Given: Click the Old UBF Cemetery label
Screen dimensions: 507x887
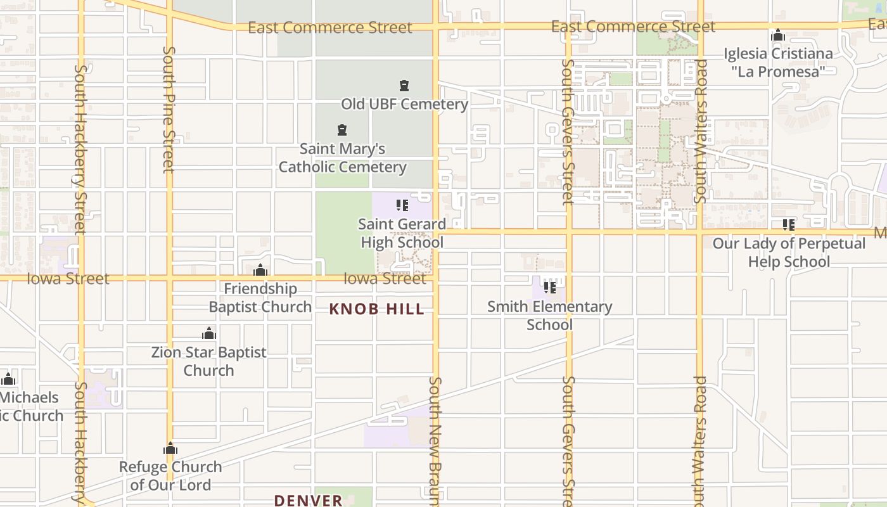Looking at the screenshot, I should click(x=404, y=104).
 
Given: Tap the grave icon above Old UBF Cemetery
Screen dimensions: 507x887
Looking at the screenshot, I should click(x=404, y=86).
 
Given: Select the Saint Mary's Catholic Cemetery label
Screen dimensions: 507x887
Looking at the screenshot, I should click(x=342, y=158).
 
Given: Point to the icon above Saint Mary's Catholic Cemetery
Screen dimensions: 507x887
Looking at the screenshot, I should click(x=342, y=131).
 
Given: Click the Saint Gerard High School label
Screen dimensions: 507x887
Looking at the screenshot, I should click(x=402, y=233).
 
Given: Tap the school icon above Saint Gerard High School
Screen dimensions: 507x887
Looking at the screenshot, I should click(x=402, y=205).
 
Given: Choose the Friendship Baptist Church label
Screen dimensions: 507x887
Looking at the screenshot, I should click(x=260, y=298).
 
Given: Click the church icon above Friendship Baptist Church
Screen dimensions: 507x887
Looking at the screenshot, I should click(x=260, y=271).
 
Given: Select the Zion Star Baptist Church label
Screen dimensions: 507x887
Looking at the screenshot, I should click(x=209, y=361).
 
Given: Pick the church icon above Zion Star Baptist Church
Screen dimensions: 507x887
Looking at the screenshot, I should click(x=209, y=334).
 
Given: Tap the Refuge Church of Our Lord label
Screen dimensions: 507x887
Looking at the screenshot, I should click(x=170, y=476).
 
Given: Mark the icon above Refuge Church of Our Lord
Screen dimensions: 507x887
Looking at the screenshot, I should click(x=170, y=449).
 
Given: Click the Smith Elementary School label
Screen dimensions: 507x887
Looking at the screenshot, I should click(x=550, y=316).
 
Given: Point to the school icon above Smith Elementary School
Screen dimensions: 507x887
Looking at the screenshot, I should click(x=550, y=288).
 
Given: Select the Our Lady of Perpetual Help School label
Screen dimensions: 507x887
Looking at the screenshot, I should click(x=789, y=252).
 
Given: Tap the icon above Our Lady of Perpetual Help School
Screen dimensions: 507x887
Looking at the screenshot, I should click(x=789, y=224).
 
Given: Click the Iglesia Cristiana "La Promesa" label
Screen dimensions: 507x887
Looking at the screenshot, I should click(x=778, y=62).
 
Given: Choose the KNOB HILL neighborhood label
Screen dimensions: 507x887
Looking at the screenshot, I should click(x=377, y=309).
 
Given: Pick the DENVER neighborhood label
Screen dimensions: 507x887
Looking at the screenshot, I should click(x=309, y=500).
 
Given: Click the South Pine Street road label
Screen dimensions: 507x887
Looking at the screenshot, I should click(x=169, y=109).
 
